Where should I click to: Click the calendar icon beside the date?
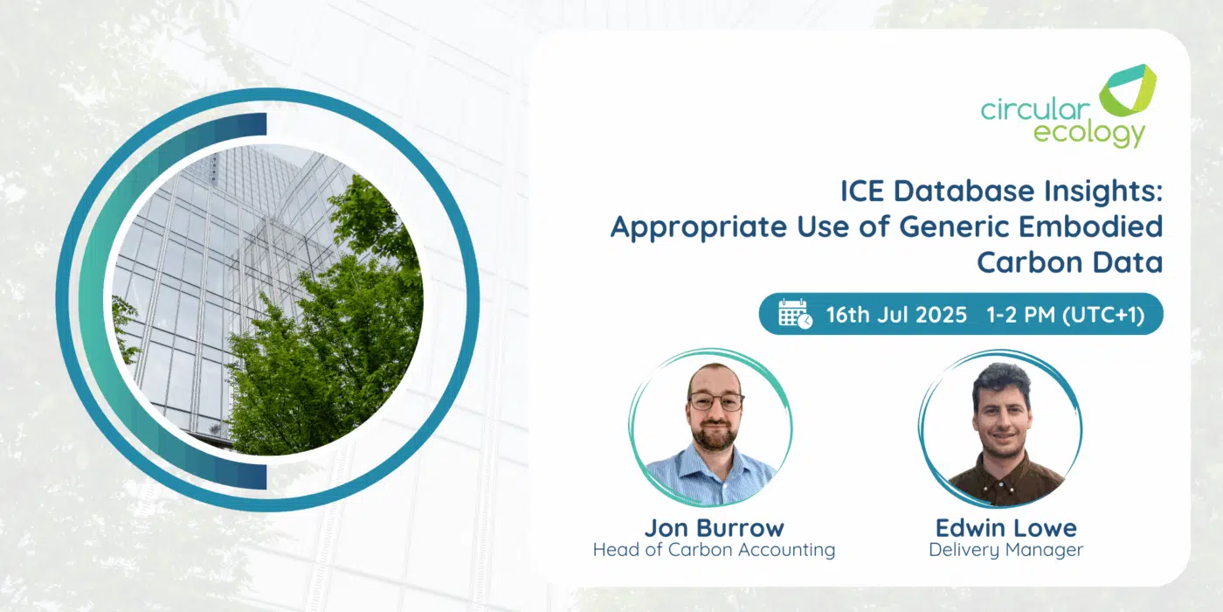point(795,314)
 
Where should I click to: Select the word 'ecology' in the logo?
point(1088,133)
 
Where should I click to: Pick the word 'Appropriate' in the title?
point(698,228)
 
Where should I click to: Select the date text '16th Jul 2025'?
point(896,315)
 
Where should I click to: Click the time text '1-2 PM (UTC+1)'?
point(1065,315)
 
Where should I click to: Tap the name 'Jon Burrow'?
point(715,528)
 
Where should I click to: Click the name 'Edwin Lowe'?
point(1006,528)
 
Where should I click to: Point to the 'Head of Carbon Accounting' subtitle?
point(715,550)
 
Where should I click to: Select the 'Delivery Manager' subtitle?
point(1006,550)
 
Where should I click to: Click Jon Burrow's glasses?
point(715,402)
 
